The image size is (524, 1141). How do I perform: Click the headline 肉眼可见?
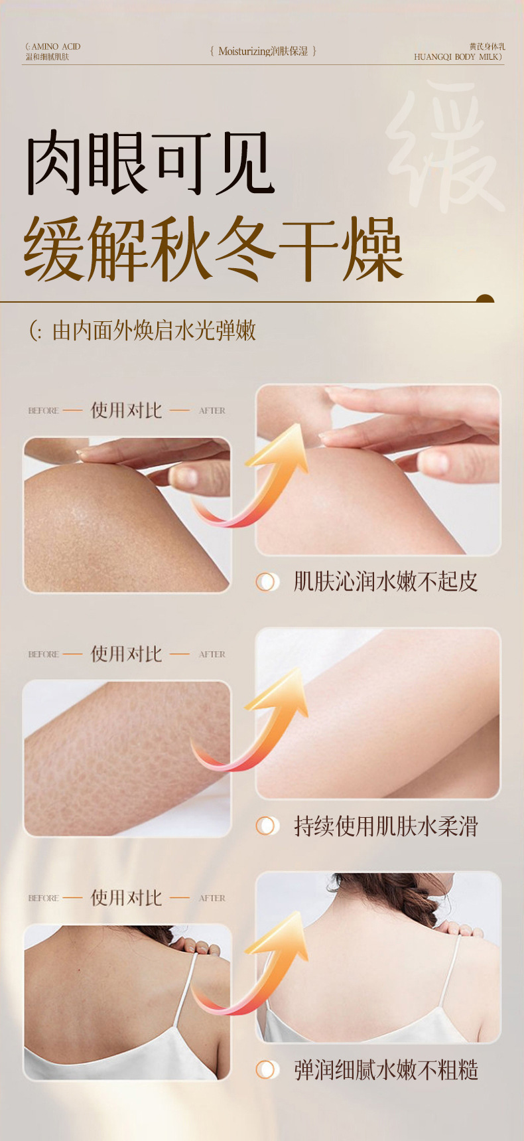click(x=150, y=163)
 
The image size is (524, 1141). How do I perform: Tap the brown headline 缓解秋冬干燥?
click(x=214, y=249)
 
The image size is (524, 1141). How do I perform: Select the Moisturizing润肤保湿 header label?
click(x=263, y=51)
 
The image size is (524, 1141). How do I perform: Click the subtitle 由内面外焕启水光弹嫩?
click(x=154, y=331)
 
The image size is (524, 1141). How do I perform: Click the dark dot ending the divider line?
click(x=486, y=299)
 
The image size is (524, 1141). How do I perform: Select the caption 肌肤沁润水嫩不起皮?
click(x=385, y=581)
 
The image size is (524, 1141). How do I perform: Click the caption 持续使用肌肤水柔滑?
click(x=385, y=826)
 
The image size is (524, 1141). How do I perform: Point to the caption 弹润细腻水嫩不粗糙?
click(x=385, y=1070)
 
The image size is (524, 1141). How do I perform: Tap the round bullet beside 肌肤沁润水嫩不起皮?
click(x=267, y=582)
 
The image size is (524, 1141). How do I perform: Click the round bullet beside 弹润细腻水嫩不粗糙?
click(x=267, y=1070)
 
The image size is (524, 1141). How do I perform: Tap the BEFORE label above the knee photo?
click(x=44, y=411)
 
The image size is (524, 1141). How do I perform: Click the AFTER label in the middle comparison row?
click(x=212, y=654)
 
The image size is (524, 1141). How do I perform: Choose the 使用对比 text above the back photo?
click(x=126, y=898)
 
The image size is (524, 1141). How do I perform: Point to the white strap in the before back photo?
click(x=183, y=989)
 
